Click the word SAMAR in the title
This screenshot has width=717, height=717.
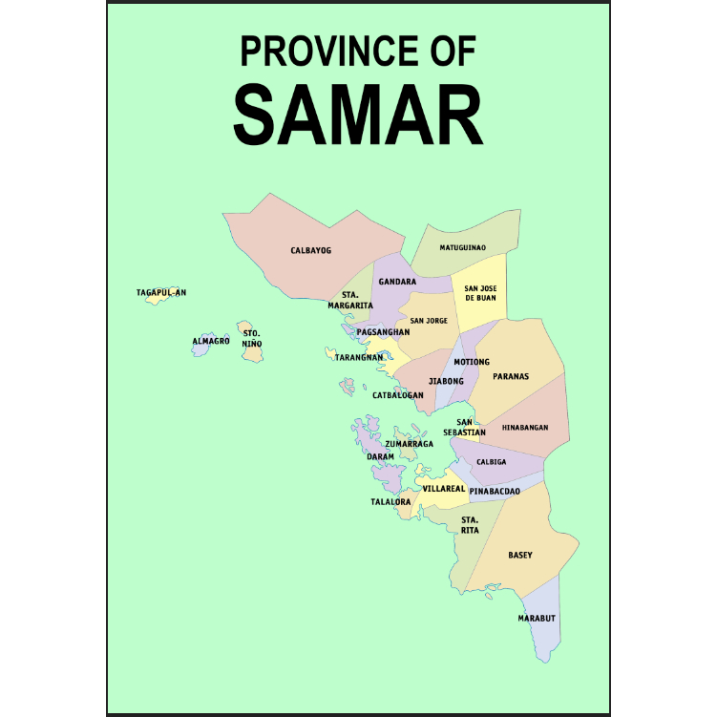tap(358, 114)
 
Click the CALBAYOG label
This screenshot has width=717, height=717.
tap(310, 250)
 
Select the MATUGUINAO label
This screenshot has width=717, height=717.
tap(462, 247)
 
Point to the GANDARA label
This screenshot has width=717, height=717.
tap(397, 282)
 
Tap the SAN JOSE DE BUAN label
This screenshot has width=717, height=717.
tap(480, 293)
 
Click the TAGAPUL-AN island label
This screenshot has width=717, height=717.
tap(161, 292)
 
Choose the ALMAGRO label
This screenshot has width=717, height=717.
tap(211, 340)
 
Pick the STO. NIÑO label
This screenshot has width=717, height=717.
tap(251, 338)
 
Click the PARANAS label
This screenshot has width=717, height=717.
tap(511, 376)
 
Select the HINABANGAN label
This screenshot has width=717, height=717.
tap(525, 428)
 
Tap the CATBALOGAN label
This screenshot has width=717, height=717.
tap(397, 394)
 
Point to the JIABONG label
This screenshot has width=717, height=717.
tap(446, 381)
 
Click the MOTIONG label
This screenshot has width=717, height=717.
tap(472, 362)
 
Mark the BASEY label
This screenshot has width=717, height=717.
tap(520, 555)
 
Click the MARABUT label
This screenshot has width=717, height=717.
tap(537, 618)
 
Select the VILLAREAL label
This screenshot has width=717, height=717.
tap(443, 488)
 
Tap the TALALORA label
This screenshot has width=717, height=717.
tap(390, 501)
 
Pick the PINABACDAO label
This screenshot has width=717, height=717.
tap(495, 491)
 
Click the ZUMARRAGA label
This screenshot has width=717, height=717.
tap(409, 444)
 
